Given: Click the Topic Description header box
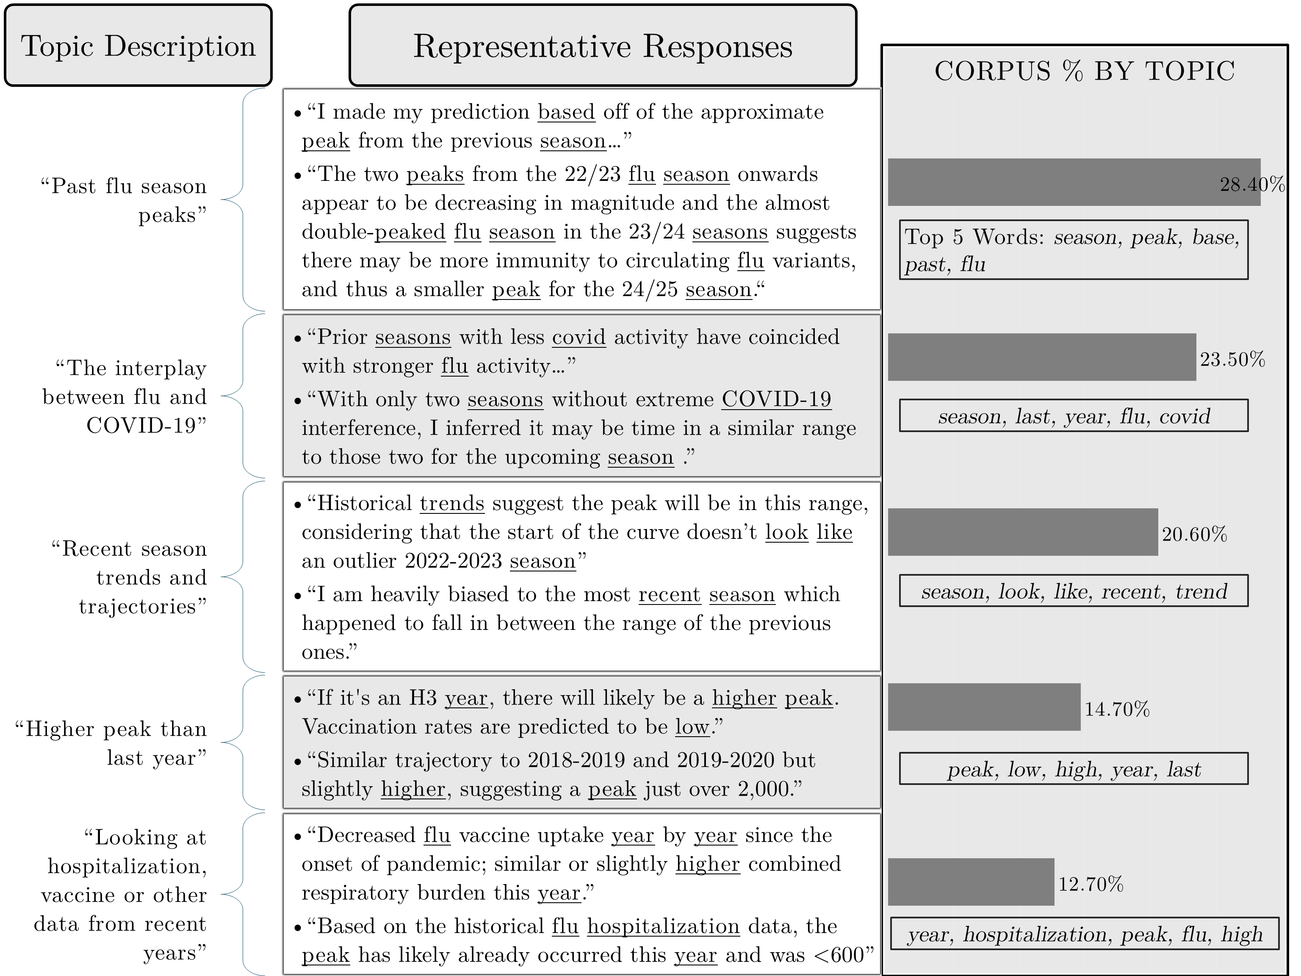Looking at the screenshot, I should (138, 46).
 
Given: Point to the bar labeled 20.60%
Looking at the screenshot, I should (1022, 532).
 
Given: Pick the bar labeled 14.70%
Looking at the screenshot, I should (984, 707).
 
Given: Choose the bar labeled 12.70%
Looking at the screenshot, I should (971, 881).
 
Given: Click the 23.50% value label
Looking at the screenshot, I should (1232, 360).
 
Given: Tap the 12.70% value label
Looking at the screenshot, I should (1091, 884).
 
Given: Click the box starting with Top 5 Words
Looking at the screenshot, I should (1074, 250).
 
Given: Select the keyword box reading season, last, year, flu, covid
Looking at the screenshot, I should (1074, 416).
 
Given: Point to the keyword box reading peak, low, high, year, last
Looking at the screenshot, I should (1074, 769).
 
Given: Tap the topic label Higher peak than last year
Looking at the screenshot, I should (111, 743).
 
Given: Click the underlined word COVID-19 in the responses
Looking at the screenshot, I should (776, 399).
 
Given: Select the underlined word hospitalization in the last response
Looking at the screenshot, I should (663, 926).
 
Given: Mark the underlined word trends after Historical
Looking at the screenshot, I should (452, 504).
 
